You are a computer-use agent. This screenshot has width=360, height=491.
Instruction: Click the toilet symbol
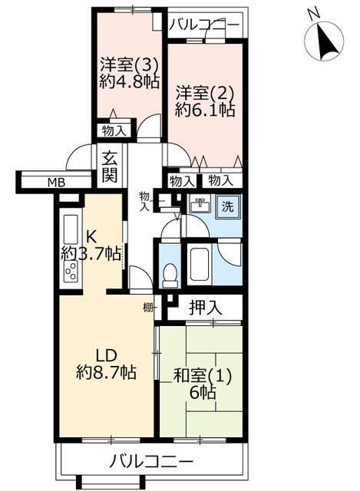170,275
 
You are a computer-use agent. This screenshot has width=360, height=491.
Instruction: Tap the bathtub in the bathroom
200,265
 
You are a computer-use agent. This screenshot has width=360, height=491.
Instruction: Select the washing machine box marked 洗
228,206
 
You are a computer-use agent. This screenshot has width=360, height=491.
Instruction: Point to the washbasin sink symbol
200,206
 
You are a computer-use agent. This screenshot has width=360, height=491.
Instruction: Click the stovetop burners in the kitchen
71,271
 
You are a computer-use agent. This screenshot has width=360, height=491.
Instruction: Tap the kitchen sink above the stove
71,229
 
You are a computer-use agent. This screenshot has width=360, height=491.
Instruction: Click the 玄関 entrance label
109,166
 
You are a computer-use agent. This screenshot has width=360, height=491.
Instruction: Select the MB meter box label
56,183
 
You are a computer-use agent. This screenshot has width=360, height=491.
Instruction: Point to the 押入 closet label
206,308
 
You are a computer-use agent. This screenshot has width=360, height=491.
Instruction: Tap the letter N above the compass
312,14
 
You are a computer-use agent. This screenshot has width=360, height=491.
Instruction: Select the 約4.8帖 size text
130,82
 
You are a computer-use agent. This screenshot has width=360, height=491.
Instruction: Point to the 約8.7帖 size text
106,372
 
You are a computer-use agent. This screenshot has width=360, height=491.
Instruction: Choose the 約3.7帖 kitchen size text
91,253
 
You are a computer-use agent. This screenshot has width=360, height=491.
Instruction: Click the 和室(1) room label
203,376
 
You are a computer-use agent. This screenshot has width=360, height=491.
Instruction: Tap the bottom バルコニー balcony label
150,461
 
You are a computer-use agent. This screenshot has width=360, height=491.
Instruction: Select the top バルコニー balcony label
204,25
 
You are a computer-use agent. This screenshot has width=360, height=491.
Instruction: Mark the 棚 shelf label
147,308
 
